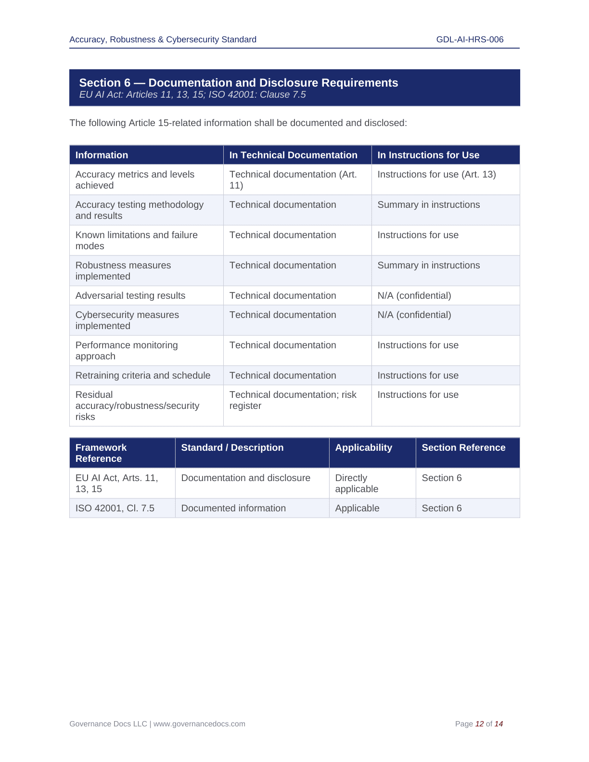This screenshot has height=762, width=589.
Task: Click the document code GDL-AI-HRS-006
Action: tap(470, 39)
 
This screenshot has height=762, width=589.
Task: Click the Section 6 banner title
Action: tap(238, 83)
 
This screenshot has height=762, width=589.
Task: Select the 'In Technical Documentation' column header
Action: tap(293, 155)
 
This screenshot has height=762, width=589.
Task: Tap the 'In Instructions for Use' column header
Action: tap(428, 155)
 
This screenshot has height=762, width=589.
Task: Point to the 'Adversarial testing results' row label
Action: tap(130, 295)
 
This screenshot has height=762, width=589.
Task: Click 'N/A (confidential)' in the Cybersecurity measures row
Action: tap(414, 315)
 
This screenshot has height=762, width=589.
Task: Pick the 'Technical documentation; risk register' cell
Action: tap(293, 400)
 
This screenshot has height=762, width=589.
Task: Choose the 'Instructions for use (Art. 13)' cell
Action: tap(436, 174)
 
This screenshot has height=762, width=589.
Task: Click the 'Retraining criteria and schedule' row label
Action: tap(142, 375)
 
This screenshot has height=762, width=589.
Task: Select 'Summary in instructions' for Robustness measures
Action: tap(428, 265)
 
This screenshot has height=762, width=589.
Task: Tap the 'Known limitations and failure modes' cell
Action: tap(136, 241)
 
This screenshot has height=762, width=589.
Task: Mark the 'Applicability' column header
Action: tap(363, 447)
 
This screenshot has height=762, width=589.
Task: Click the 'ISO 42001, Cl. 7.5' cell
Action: tap(115, 508)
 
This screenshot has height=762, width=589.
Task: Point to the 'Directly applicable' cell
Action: tap(357, 483)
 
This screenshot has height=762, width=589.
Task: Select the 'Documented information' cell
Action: tap(233, 508)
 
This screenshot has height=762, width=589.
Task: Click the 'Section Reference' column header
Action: tap(463, 447)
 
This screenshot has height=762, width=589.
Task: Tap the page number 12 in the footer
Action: tap(479, 724)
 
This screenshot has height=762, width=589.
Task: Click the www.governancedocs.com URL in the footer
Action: tap(199, 724)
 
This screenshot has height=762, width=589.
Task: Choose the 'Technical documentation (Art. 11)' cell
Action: tap(293, 180)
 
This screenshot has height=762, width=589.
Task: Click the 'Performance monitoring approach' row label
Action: tap(126, 351)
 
